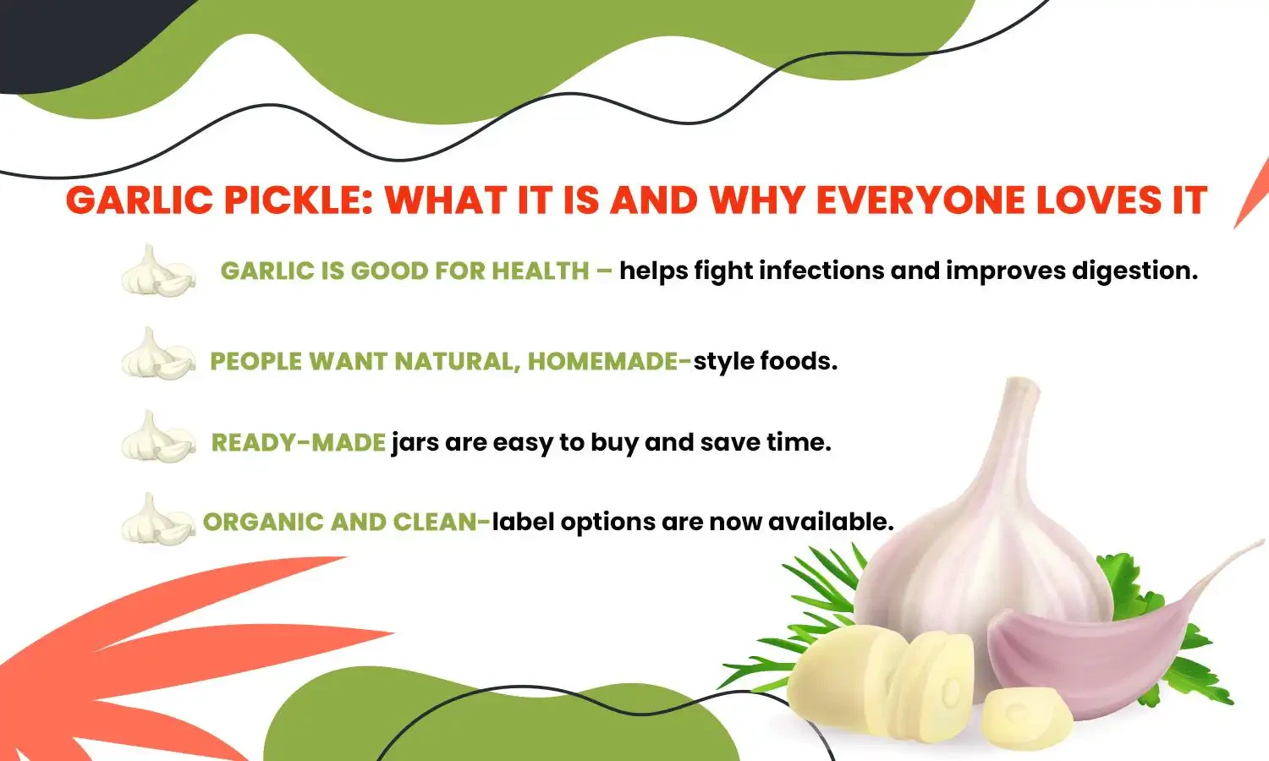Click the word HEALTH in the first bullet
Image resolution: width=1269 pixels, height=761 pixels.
coord(540,271)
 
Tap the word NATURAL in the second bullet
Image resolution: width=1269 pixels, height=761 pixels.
coord(458,361)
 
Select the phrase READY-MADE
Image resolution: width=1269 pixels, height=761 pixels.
coord(298,442)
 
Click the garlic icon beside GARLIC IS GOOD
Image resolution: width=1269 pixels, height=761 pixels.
coord(157,271)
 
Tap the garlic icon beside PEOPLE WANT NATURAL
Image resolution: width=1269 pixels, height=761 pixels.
coord(157,354)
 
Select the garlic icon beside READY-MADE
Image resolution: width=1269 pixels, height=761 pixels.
coord(157,437)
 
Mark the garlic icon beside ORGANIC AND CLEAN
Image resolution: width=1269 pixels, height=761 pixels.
coord(157,519)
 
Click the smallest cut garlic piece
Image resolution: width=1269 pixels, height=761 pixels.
coord(1026,719)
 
